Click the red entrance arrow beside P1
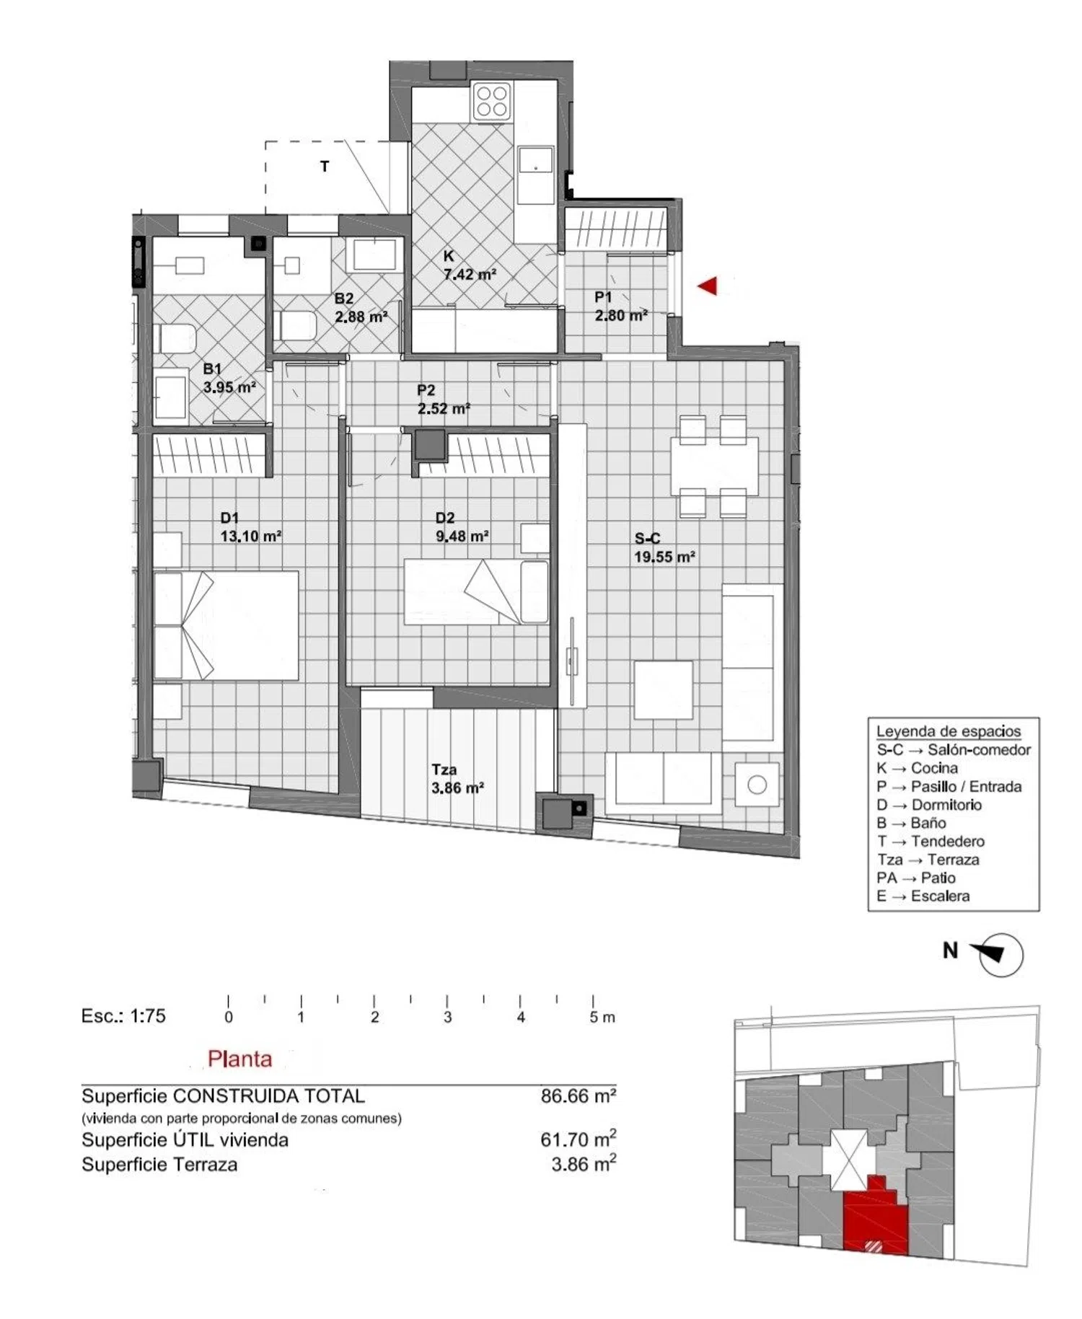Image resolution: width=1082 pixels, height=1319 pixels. click(708, 286)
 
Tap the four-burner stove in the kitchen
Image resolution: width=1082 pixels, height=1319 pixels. click(492, 101)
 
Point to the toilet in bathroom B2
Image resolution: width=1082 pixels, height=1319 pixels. click(296, 325)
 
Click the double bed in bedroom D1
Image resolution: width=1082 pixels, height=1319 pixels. click(226, 625)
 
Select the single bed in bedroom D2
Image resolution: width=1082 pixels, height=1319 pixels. click(476, 591)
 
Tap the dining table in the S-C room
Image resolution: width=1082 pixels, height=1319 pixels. click(714, 466)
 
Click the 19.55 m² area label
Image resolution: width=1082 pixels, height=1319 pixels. click(664, 557)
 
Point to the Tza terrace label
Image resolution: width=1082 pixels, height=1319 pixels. click(444, 769)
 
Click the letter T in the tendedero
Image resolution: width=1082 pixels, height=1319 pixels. click(325, 167)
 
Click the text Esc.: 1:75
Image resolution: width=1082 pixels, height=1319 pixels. click(123, 1016)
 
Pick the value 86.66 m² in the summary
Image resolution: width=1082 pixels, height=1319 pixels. click(579, 1096)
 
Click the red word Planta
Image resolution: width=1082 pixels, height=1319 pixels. click(239, 1059)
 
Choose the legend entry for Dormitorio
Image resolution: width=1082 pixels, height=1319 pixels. click(929, 805)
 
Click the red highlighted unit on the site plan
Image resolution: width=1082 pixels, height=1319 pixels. click(875, 1218)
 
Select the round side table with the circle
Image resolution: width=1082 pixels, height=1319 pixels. click(757, 785)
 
